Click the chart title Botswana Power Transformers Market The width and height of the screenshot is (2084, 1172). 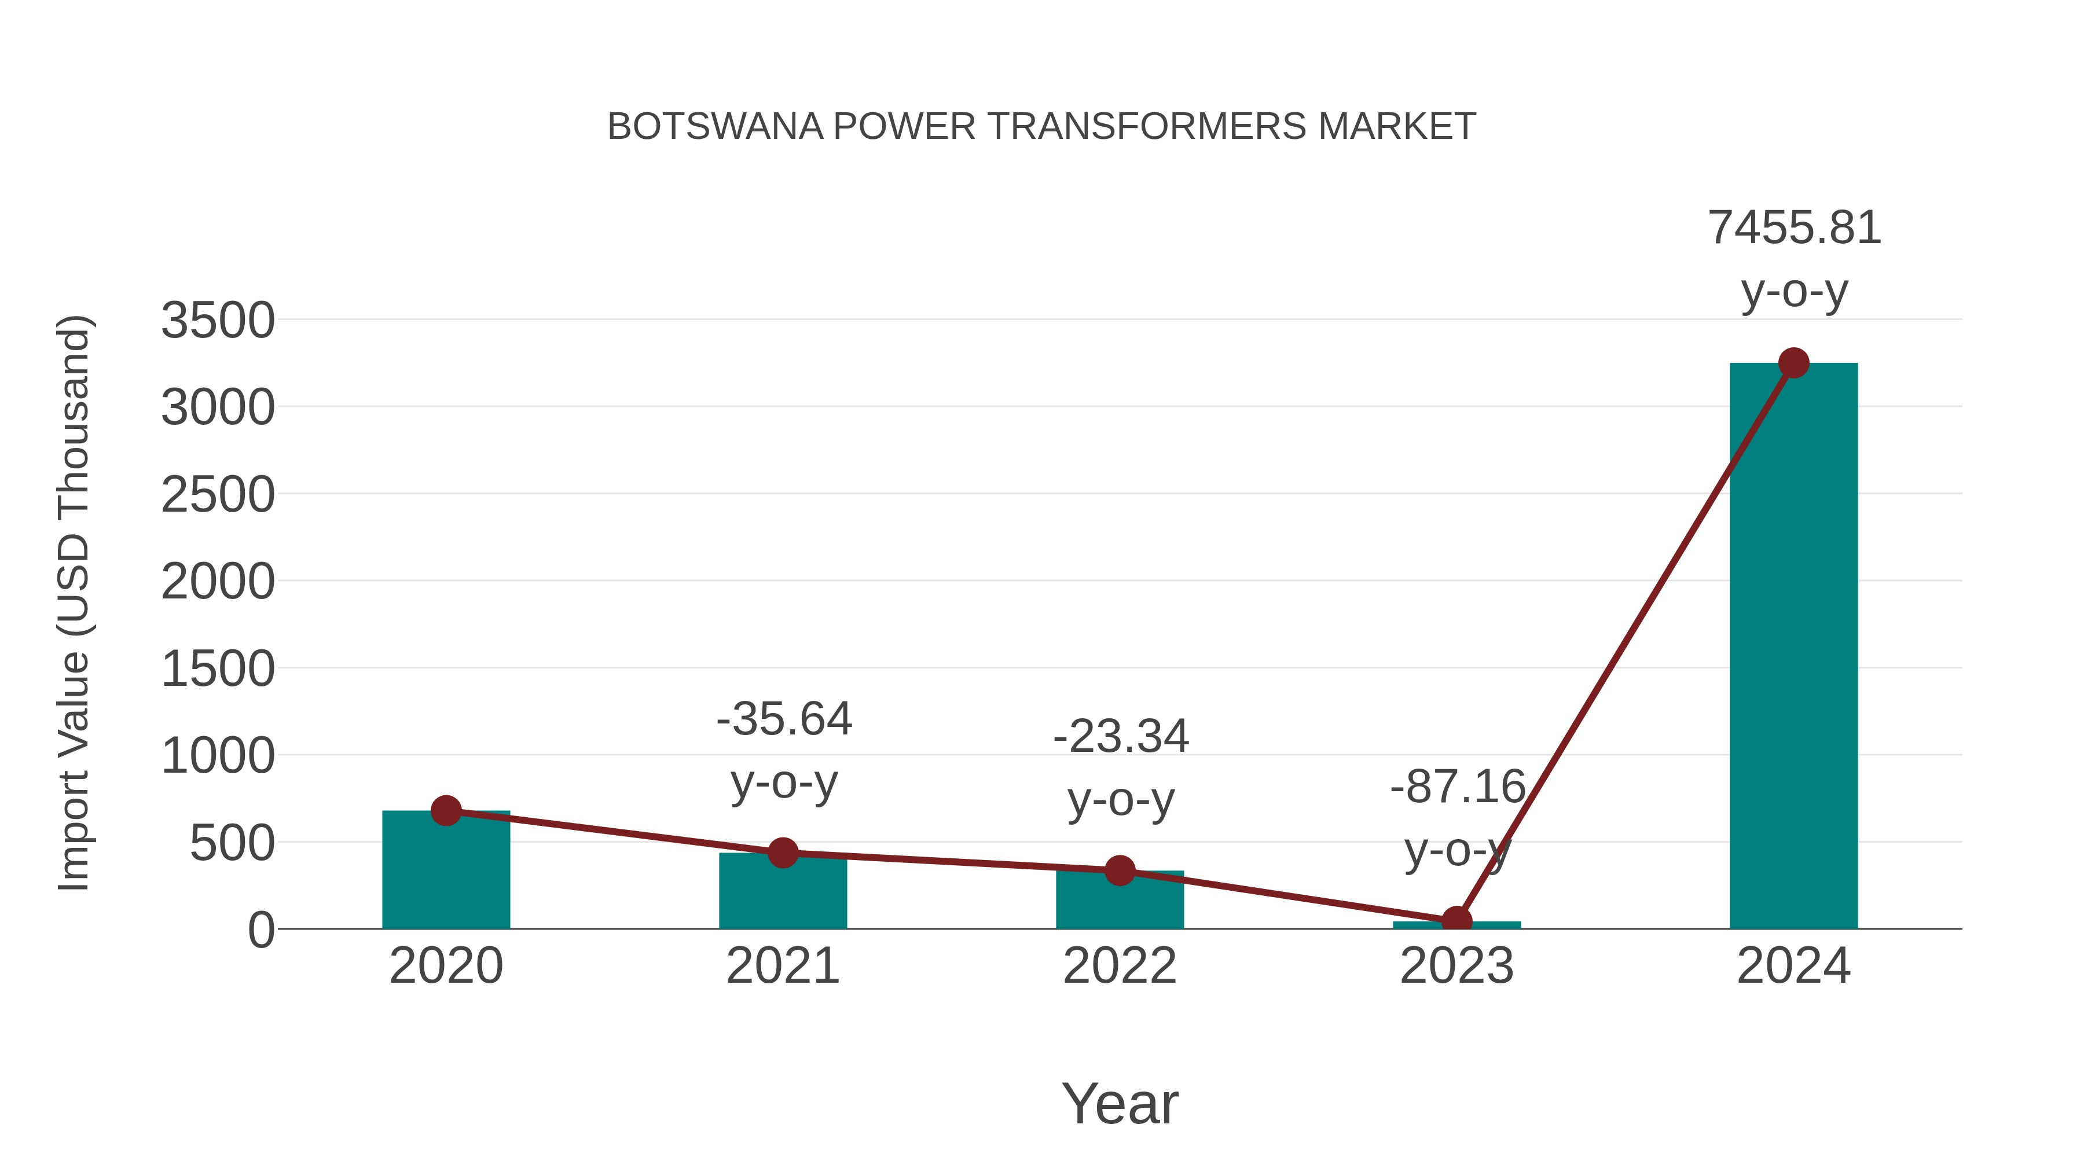[x=1041, y=127]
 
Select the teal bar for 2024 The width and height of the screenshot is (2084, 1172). [x=1793, y=647]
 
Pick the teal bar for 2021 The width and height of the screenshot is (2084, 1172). [x=782, y=894]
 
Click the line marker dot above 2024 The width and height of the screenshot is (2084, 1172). [x=1793, y=363]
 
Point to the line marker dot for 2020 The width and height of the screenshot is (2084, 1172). [x=446, y=810]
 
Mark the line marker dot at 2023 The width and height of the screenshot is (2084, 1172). [x=1456, y=920]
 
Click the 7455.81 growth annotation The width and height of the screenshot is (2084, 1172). [x=1793, y=228]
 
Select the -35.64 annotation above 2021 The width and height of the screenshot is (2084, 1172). [x=784, y=719]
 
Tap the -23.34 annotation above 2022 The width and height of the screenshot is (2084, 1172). [x=1121, y=737]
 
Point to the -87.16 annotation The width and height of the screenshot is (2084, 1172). [x=1457, y=787]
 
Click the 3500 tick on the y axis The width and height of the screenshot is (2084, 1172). [x=218, y=320]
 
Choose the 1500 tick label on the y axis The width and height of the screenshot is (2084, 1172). [x=218, y=670]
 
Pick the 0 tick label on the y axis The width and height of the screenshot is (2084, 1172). [x=260, y=930]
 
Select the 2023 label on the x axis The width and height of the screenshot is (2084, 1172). [x=1456, y=966]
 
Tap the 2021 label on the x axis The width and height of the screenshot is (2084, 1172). [x=782, y=966]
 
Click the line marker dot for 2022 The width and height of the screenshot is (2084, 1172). [x=1120, y=870]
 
